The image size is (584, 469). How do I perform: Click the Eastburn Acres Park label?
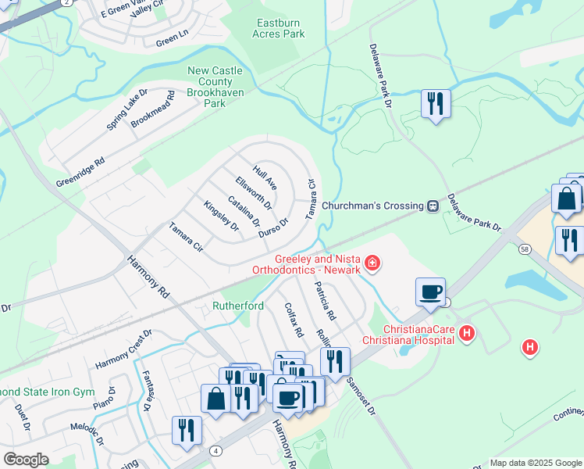coord(279,28)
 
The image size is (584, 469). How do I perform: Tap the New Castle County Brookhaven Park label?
coord(215,87)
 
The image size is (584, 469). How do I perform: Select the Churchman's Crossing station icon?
coord(431,206)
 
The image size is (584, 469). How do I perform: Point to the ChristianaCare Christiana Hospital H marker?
coord(467,334)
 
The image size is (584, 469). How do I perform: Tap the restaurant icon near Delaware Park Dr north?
coord(434,104)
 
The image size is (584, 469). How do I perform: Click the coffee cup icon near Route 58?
coord(431,292)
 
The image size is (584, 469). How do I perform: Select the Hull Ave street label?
coord(265,177)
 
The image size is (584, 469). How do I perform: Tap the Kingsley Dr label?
coord(221,217)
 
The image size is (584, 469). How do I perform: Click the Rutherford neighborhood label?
coord(238,306)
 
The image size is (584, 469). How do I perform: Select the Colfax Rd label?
coord(294,320)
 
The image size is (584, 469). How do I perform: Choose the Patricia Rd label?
coord(325,302)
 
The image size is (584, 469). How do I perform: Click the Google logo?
coord(26,460)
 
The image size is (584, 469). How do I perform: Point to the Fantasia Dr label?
coord(146,391)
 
